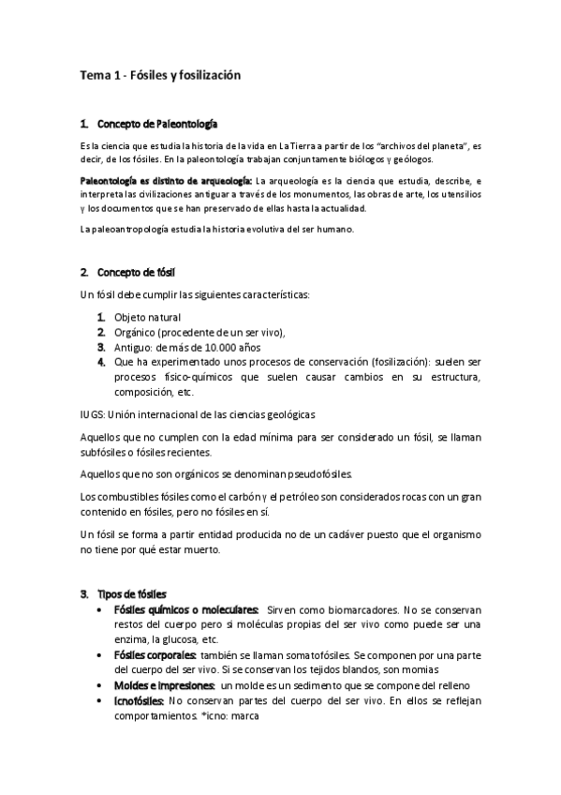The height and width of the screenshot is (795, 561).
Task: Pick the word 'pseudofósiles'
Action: click(x=317, y=474)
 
